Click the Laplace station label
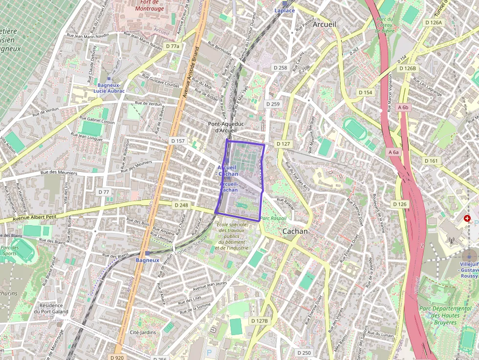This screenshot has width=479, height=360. (285, 10)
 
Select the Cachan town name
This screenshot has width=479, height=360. (295, 231)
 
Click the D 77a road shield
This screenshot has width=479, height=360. (172, 46)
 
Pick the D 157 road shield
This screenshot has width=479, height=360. (178, 141)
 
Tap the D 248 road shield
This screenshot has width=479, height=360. (180, 205)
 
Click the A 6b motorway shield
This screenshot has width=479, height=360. (403, 107)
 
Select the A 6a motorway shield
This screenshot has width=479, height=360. (393, 152)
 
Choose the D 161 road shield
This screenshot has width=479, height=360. (432, 161)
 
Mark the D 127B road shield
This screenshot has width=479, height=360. (259, 321)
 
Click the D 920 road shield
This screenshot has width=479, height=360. (117, 357)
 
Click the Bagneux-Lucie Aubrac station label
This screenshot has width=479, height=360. (108, 88)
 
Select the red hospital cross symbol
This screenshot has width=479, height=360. (467, 218)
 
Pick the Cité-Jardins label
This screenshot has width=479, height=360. (142, 332)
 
